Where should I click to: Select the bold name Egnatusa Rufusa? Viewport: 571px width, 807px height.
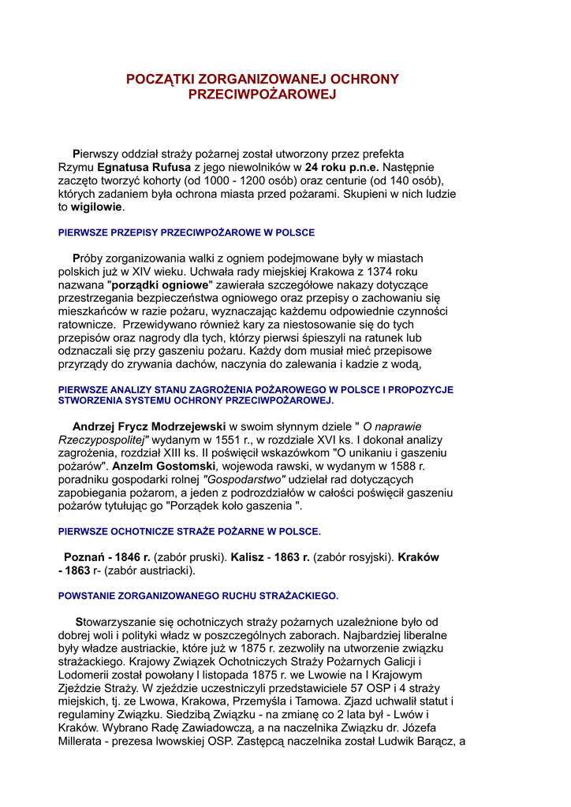tap(144, 167)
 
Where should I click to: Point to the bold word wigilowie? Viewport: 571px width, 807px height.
tap(97, 207)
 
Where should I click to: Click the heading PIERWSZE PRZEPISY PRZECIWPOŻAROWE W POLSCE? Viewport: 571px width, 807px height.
tap(187, 232)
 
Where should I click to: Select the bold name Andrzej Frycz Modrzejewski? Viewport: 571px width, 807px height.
tap(149, 426)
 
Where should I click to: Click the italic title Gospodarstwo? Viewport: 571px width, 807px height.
tap(244, 479)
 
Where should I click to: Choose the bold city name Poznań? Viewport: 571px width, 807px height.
tap(85, 556)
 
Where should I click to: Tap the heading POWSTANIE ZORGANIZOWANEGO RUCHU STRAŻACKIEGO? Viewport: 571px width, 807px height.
tap(198, 595)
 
